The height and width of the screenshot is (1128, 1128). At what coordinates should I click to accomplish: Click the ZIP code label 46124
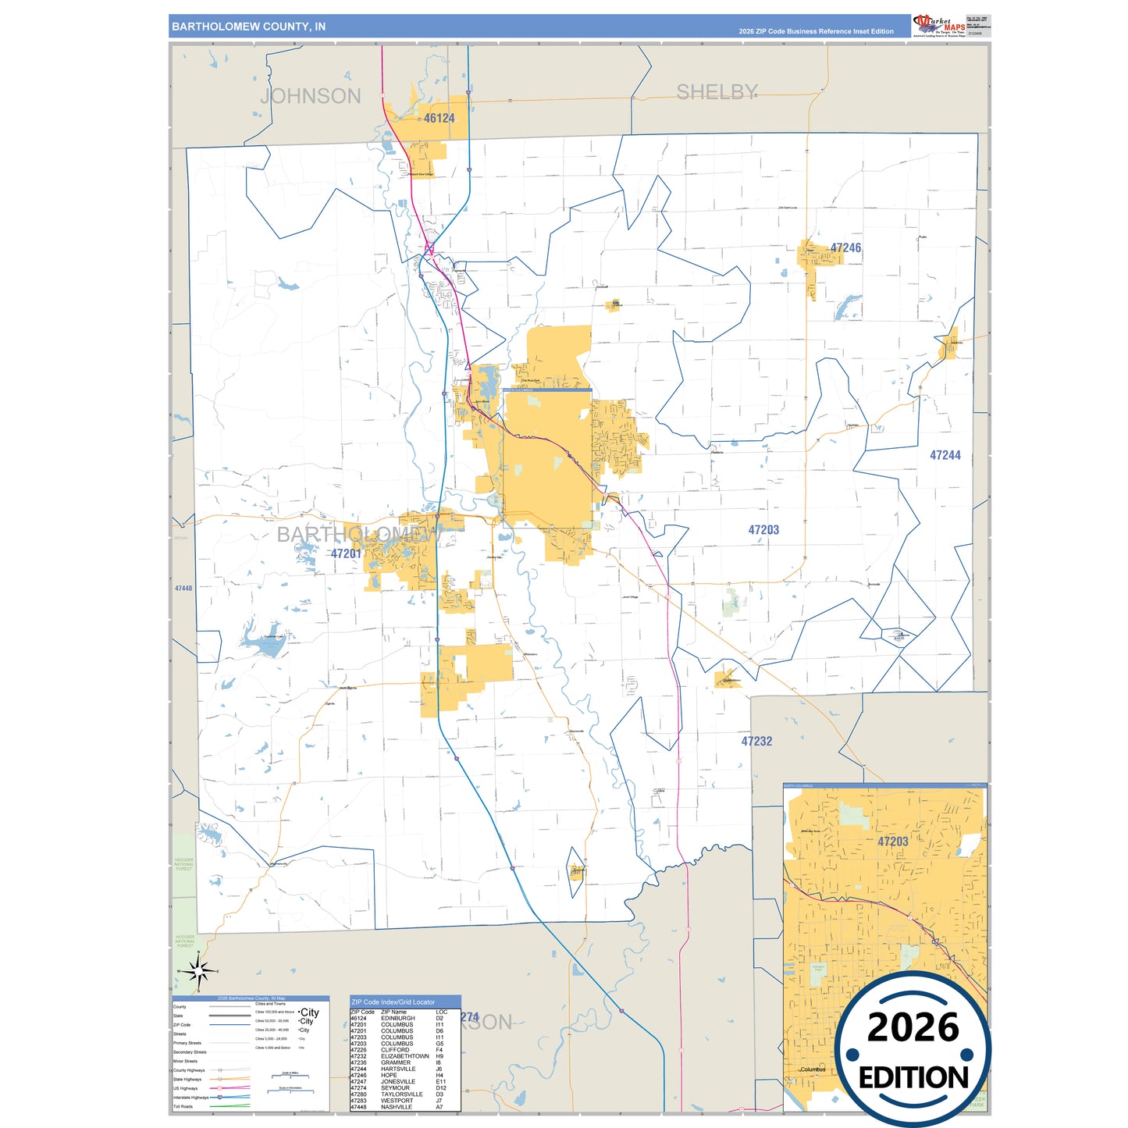(x=439, y=119)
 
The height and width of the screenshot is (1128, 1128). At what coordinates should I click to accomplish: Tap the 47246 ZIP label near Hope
(x=845, y=248)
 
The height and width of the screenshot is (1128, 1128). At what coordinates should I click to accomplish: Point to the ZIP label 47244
(x=945, y=455)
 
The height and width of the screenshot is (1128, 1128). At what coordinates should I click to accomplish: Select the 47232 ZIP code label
(x=756, y=742)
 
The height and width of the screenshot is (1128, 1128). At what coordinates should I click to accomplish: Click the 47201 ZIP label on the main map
(x=346, y=553)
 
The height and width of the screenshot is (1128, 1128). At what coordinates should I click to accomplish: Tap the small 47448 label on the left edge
(x=183, y=589)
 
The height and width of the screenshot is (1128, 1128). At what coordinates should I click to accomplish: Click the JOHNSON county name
(x=311, y=96)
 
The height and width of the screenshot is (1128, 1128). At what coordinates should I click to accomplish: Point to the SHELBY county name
(x=717, y=92)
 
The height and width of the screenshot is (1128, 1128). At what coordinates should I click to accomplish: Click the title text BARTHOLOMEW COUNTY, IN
(x=248, y=27)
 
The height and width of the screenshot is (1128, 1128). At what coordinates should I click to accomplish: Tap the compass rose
(x=198, y=972)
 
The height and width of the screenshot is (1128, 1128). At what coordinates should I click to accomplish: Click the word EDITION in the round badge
(x=913, y=1078)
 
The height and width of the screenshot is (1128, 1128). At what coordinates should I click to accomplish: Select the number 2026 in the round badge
(x=913, y=1027)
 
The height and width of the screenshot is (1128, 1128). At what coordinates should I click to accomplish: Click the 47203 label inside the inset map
(x=892, y=842)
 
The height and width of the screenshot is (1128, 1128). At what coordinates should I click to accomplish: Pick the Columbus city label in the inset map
(x=813, y=1069)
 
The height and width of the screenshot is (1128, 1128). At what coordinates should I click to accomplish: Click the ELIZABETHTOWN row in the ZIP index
(x=404, y=1056)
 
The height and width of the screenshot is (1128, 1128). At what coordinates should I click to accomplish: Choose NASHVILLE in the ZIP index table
(x=397, y=1107)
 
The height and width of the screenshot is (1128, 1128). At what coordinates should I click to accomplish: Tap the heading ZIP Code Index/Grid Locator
(x=393, y=1002)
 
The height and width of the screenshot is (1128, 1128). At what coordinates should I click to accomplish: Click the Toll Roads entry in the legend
(x=183, y=1106)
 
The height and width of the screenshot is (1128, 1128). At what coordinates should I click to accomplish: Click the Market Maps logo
(x=939, y=26)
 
